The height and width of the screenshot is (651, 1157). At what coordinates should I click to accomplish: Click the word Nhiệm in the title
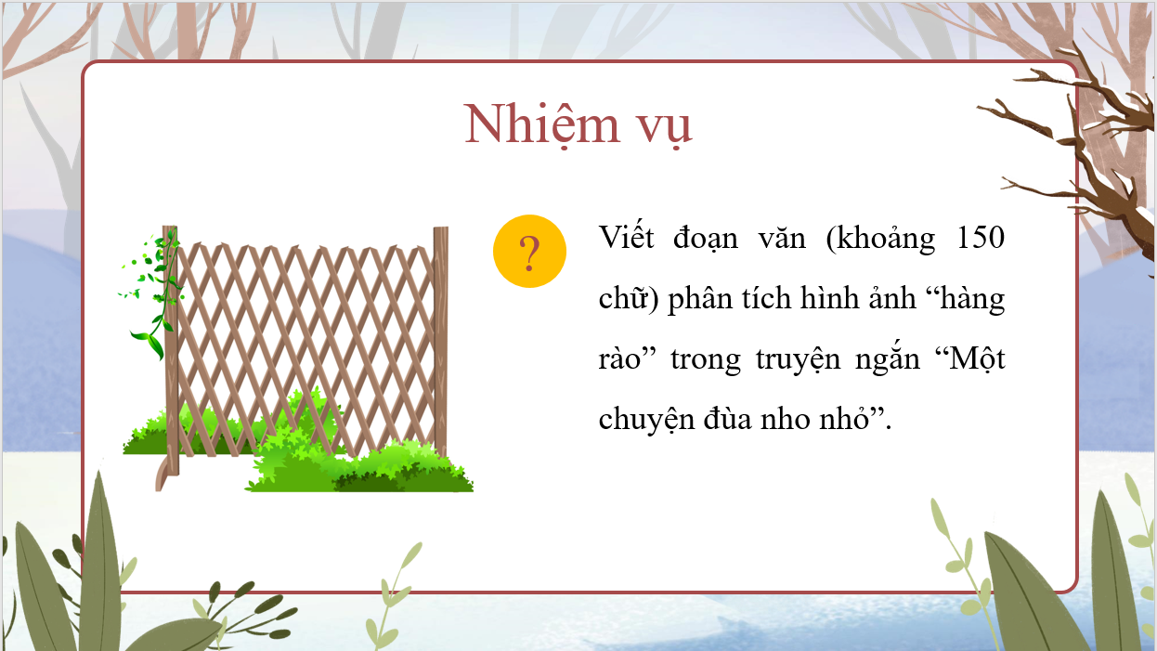pos(541,124)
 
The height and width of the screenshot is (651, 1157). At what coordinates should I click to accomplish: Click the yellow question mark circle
pos(529,251)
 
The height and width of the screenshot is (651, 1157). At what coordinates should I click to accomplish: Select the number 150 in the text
pos(981,238)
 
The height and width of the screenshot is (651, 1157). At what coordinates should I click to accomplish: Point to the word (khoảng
pos(880,240)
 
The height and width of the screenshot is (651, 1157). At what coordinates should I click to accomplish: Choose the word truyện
pos(798,359)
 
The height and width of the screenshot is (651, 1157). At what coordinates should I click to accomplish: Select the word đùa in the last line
pos(727,418)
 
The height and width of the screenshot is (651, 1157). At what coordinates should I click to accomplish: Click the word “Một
pos(970,358)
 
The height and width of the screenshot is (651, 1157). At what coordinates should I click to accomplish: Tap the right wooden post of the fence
pos(440,342)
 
